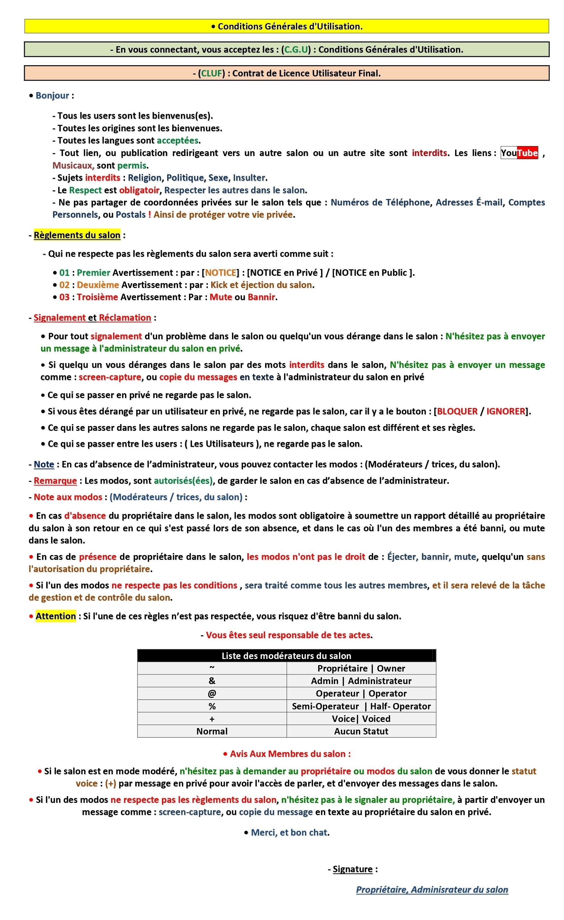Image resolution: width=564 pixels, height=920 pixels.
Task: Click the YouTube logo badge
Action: point(519,153)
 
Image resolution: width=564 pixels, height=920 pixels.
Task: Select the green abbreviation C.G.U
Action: point(296,50)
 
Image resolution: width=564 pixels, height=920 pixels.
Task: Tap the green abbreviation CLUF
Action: point(211,74)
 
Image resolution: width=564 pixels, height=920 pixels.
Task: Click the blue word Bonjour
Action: point(52,96)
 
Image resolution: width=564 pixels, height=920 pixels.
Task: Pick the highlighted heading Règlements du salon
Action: point(77,235)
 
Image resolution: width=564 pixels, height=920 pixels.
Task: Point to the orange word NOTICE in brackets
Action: point(220,273)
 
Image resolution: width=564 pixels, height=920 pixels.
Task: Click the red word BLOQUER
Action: point(457,411)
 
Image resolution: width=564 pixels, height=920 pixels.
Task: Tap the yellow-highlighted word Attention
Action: point(56,616)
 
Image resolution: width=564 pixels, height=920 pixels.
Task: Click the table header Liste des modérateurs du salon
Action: point(286,655)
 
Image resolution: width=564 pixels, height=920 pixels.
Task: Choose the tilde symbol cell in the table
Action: point(212,668)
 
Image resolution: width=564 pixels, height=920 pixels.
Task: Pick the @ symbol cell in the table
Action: point(212,693)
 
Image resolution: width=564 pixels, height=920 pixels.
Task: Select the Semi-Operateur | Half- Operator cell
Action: point(361,706)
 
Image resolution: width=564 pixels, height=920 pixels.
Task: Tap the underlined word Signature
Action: point(353,869)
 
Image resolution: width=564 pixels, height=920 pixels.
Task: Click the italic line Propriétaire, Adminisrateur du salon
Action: point(432,890)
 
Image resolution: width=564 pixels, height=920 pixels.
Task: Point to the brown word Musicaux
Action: point(73,165)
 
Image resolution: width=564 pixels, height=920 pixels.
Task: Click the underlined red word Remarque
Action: point(55,481)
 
